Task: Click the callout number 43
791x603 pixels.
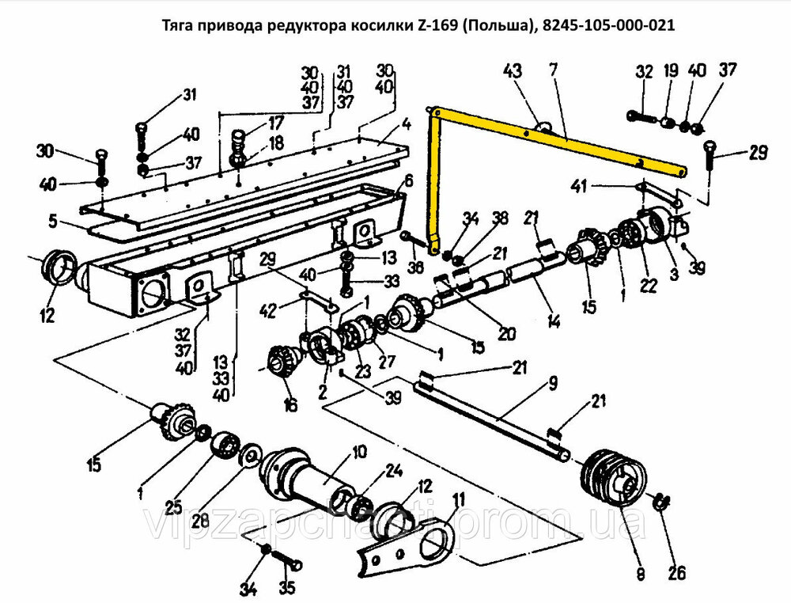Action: click(x=513, y=71)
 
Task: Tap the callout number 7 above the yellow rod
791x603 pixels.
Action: click(x=554, y=71)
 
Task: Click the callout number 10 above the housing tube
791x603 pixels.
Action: click(x=359, y=452)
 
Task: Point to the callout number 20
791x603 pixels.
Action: click(x=506, y=333)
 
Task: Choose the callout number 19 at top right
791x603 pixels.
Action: click(x=670, y=71)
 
